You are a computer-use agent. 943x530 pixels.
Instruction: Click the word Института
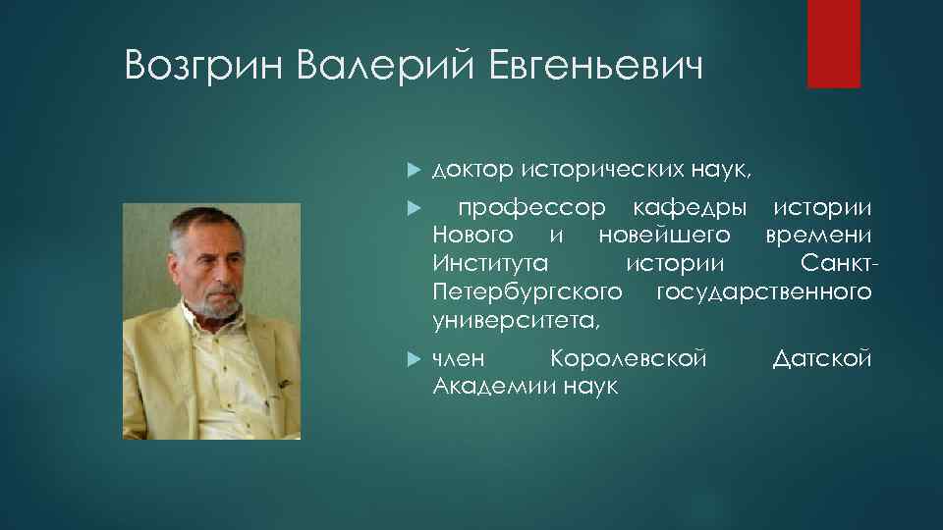[x=489, y=264]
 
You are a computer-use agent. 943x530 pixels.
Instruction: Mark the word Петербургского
[x=527, y=292]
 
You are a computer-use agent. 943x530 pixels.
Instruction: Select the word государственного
[x=763, y=292]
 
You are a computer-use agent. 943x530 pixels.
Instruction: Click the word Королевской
[x=629, y=359]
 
